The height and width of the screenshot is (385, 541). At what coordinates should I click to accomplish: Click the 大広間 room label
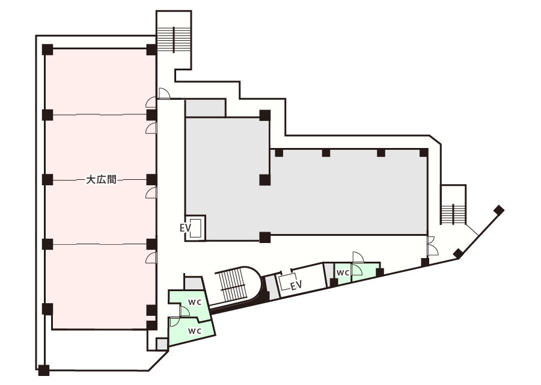click(101, 179)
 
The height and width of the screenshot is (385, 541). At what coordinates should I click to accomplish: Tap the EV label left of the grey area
click(185, 228)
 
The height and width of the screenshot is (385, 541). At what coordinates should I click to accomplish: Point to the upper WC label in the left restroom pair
click(194, 301)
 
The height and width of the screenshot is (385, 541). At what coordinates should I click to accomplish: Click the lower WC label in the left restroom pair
click(194, 331)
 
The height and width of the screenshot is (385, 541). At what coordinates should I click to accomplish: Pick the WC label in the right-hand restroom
click(343, 273)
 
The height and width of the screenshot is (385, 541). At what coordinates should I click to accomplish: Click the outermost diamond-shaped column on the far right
click(498, 210)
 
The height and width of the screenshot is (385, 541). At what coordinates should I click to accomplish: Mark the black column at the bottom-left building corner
click(43, 369)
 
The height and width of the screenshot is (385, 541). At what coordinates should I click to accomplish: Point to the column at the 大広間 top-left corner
click(47, 49)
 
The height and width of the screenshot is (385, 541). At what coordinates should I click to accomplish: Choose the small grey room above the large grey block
click(205, 108)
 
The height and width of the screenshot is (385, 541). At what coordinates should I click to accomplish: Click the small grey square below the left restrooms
click(162, 343)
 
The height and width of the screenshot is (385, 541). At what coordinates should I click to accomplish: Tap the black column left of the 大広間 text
click(47, 179)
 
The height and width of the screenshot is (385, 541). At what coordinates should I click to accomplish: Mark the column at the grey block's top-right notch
click(264, 115)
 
